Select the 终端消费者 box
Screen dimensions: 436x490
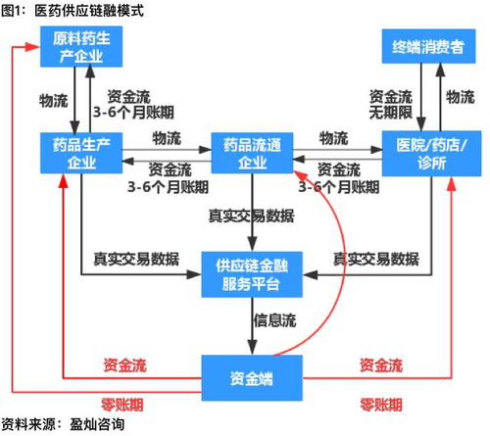(x=427, y=48)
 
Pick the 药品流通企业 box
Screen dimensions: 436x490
(x=252, y=154)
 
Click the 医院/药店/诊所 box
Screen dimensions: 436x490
(x=427, y=154)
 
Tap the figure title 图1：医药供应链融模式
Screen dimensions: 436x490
(x=73, y=12)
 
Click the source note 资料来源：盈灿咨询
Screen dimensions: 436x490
(x=64, y=426)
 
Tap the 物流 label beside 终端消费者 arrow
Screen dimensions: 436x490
(x=460, y=95)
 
